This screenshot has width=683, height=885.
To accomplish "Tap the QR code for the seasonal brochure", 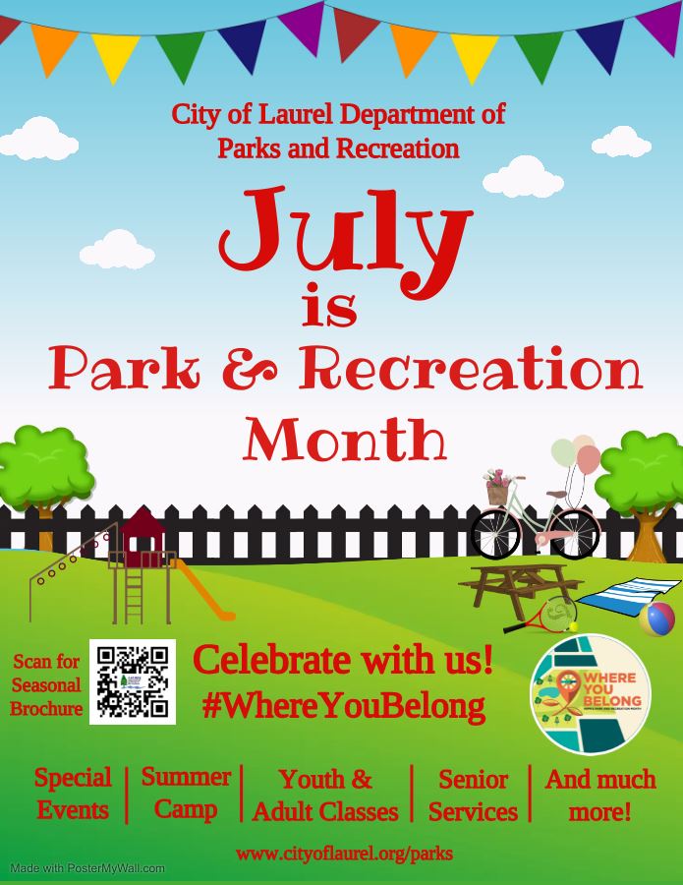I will coord(133,681).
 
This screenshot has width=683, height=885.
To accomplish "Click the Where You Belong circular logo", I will coord(591,694).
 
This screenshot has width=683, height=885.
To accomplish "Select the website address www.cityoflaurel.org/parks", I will coord(344,853).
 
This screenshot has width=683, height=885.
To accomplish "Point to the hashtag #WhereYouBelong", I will coord(343,706).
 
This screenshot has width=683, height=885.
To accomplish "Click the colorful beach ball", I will coord(656,619).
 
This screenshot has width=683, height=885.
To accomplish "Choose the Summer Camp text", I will coord(186,794).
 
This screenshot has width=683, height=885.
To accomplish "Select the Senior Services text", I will coord(473,796).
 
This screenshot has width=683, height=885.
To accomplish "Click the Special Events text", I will coord(73,794).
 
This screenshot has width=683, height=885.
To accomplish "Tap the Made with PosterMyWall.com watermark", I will coord(88,868).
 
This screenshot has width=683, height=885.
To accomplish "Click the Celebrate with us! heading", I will coord(343,661).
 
